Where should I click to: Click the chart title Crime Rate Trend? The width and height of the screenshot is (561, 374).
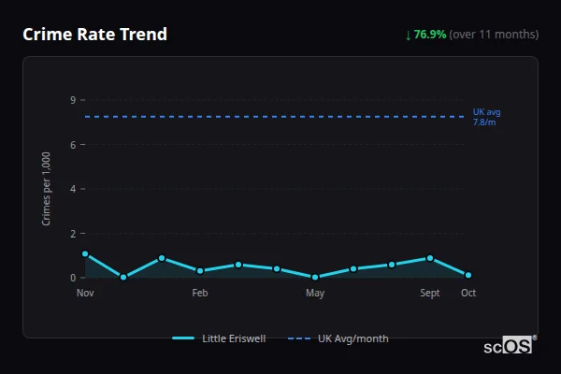tap(94, 35)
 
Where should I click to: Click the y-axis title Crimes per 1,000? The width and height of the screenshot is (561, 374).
tap(47, 188)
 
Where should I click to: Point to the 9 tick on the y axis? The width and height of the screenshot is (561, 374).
tap(72, 100)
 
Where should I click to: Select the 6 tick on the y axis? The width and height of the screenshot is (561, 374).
tap(72, 144)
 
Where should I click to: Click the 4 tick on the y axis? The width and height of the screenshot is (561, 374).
tap(72, 189)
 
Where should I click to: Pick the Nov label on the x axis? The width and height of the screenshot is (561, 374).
tap(85, 293)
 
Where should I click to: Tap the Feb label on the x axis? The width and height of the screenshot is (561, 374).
tap(200, 293)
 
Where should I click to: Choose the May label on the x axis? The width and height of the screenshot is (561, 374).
tap(315, 293)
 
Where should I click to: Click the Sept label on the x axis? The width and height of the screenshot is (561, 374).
tap(430, 293)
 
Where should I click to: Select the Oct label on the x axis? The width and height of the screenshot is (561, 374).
tap(468, 293)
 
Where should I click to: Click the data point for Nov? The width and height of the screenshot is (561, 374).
tap(85, 253)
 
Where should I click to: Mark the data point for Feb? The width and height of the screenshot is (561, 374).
tap(200, 271)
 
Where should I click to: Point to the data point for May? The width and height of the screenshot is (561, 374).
tap(315, 277)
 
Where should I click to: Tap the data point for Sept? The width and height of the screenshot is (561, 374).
tap(430, 258)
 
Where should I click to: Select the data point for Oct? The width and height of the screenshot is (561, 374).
tap(468, 275)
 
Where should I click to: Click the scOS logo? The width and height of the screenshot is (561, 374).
tap(508, 346)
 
